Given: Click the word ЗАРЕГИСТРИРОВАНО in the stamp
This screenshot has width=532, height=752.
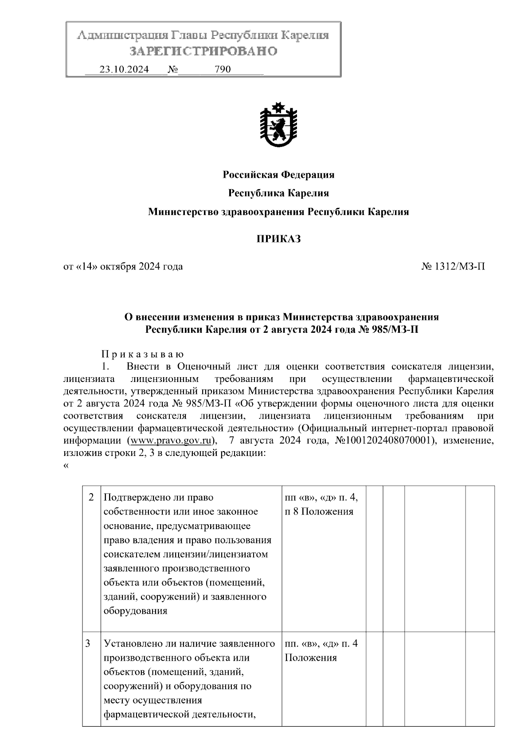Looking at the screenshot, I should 203,51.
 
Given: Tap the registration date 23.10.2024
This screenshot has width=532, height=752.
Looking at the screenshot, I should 124,70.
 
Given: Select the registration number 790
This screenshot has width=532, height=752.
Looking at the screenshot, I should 223,70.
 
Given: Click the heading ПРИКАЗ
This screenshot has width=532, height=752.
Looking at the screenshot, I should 278,239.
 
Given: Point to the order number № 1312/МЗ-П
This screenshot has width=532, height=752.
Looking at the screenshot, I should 453,267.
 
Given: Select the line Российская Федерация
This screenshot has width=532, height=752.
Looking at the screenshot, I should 278,175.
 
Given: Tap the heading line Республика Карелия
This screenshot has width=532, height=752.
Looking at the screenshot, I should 278,193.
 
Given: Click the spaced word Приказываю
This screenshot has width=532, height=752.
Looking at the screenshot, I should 142,355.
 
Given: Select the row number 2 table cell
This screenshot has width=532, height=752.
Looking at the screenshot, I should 91,498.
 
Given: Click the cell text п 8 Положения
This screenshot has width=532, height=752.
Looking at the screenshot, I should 319,512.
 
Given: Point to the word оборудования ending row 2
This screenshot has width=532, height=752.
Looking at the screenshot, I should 135,611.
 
